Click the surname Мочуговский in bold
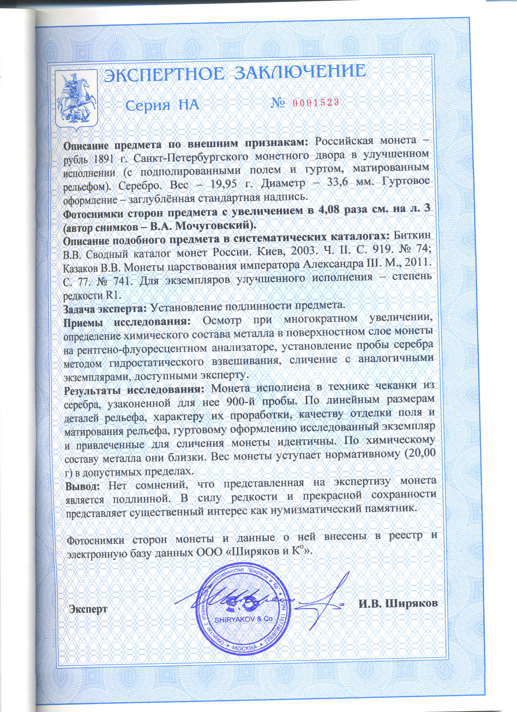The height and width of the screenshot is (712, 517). point(213,226)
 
